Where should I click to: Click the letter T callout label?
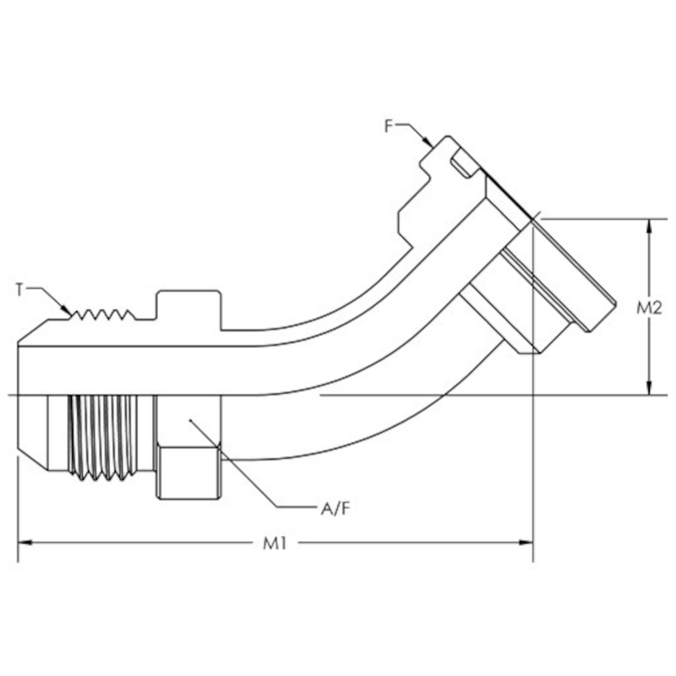click(19, 289)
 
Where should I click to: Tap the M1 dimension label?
click(275, 544)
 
